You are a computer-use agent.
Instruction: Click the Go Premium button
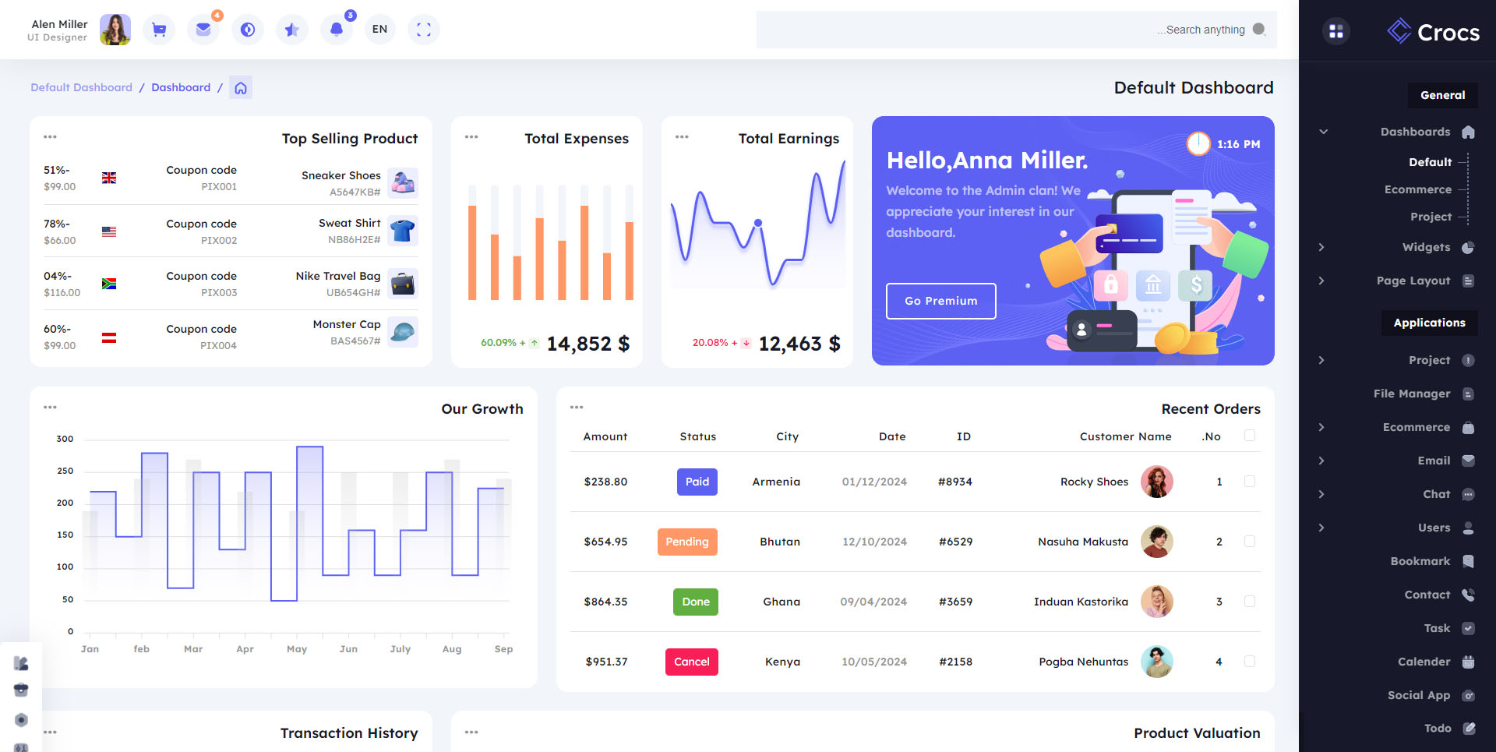pos(940,301)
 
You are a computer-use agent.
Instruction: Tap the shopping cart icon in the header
pos(159,30)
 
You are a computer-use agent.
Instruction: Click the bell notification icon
pos(336,30)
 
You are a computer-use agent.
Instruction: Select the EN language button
pos(379,30)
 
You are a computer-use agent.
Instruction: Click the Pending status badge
pos(686,542)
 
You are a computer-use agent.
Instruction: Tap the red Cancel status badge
pos(691,662)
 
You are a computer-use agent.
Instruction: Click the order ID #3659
pos(955,602)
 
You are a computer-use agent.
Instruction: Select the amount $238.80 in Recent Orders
pos(605,482)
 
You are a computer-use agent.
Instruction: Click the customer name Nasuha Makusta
pos(1082,542)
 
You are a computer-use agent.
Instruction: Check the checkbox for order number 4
pos(1250,662)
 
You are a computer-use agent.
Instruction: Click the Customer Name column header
pos(1125,436)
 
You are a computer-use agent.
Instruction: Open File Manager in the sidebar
pos(1411,394)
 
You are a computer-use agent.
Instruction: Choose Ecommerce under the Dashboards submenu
pos(1417,189)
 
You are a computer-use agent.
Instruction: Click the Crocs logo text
pos(1448,33)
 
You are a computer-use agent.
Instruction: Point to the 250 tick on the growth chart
pos(65,471)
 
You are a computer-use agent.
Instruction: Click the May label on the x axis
pos(297,649)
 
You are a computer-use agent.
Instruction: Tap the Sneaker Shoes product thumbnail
pos(403,183)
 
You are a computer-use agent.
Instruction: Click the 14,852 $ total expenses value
pos(587,344)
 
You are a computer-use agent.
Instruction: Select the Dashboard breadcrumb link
pos(181,87)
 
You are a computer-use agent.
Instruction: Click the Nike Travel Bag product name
pos(338,276)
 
